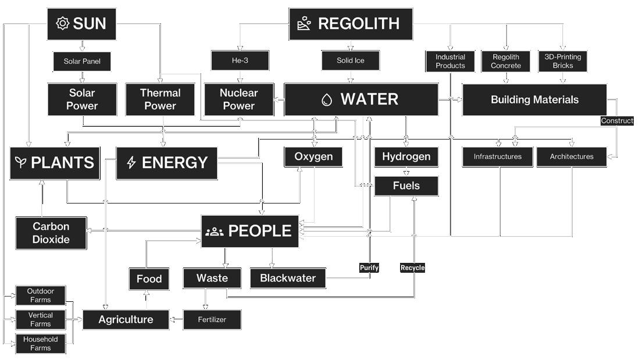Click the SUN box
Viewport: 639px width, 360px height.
pyautogui.click(x=81, y=23)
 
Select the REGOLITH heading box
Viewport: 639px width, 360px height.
pyautogui.click(x=351, y=24)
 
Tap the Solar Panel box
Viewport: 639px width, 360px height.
pyautogui.click(x=82, y=61)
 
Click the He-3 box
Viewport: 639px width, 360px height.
pyautogui.click(x=240, y=60)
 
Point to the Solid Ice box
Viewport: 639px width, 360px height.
pyautogui.click(x=350, y=60)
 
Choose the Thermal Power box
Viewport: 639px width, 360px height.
pyautogui.click(x=160, y=99)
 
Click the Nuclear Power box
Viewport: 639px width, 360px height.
pyautogui.click(x=238, y=99)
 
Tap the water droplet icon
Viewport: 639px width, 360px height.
pyautogui.click(x=327, y=99)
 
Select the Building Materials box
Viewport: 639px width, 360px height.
pyautogui.click(x=534, y=99)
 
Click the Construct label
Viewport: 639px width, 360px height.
pyautogui.click(x=617, y=121)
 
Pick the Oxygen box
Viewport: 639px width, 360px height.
pyautogui.click(x=313, y=156)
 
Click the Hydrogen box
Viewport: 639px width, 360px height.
pyautogui.click(x=406, y=156)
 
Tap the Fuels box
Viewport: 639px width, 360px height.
pyautogui.click(x=406, y=186)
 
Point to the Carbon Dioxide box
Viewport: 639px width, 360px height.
pyautogui.click(x=51, y=233)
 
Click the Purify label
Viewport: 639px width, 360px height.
pyautogui.click(x=369, y=268)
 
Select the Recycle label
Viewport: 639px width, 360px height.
pyautogui.click(x=412, y=268)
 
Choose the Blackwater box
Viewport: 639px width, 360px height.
pyautogui.click(x=288, y=278)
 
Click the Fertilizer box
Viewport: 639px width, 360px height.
pyautogui.click(x=212, y=319)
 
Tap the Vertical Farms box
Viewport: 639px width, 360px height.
pyautogui.click(x=41, y=319)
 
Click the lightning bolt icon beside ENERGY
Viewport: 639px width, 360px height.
pyautogui.click(x=131, y=163)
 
